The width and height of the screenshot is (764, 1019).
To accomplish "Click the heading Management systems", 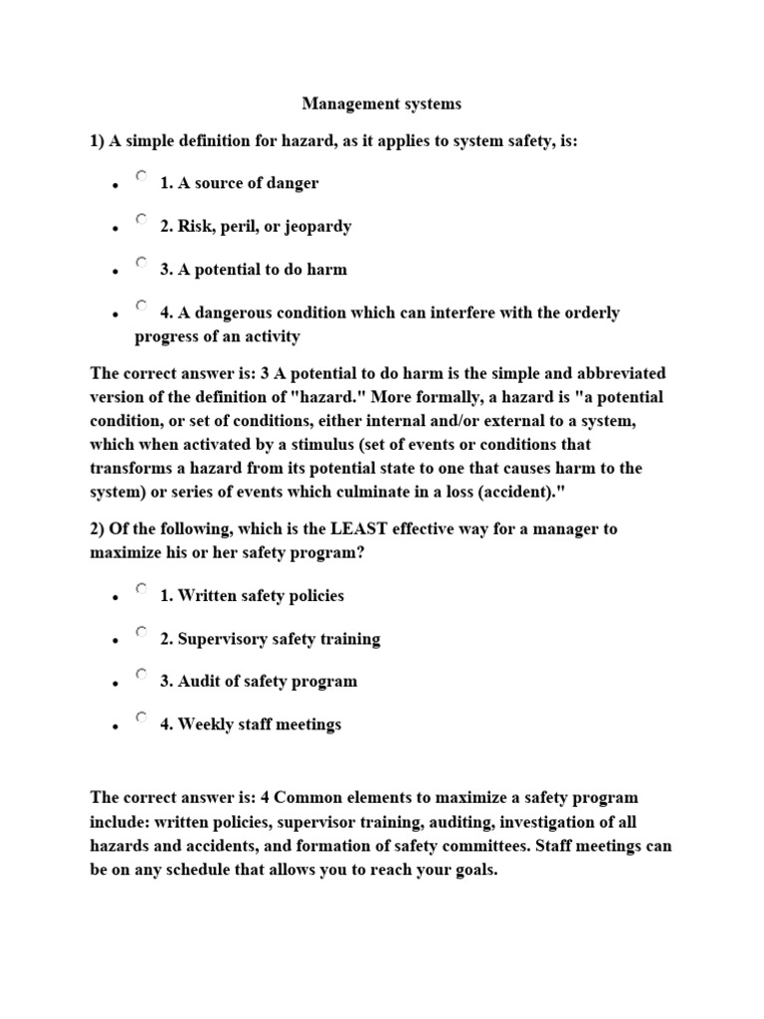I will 382,102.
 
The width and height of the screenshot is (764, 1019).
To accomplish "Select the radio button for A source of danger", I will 142,176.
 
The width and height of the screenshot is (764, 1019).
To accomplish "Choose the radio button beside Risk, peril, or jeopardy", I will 142,219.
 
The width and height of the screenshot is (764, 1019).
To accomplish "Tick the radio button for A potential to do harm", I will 142,262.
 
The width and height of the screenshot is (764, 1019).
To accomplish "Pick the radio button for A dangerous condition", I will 142,306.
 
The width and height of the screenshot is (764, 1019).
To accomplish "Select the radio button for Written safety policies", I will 142,588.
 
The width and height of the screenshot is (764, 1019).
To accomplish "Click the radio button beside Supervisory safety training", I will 142,631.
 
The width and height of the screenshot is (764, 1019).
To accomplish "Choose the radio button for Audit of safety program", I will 142,674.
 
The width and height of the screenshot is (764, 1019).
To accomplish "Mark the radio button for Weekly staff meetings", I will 142,716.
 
